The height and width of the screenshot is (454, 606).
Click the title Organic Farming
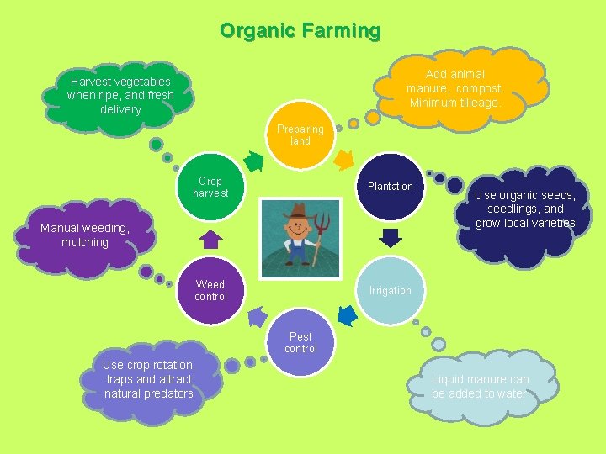point(300,31)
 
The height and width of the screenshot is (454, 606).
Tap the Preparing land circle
point(300,135)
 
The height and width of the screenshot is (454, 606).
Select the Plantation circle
point(390,187)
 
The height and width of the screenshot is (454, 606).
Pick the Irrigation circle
point(390,290)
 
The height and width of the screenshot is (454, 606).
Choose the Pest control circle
point(300,342)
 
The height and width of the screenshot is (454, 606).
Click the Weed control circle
point(210,290)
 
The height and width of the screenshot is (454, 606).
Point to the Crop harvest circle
point(210,187)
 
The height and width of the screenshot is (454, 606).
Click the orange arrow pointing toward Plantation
point(343,158)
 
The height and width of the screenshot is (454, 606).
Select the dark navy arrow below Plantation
point(390,238)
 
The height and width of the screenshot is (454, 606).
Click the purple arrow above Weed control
point(210,239)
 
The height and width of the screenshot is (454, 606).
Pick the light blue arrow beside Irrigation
point(346,315)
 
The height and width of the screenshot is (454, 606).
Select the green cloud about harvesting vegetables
point(122,94)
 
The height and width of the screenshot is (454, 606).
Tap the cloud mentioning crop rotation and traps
point(150,380)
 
